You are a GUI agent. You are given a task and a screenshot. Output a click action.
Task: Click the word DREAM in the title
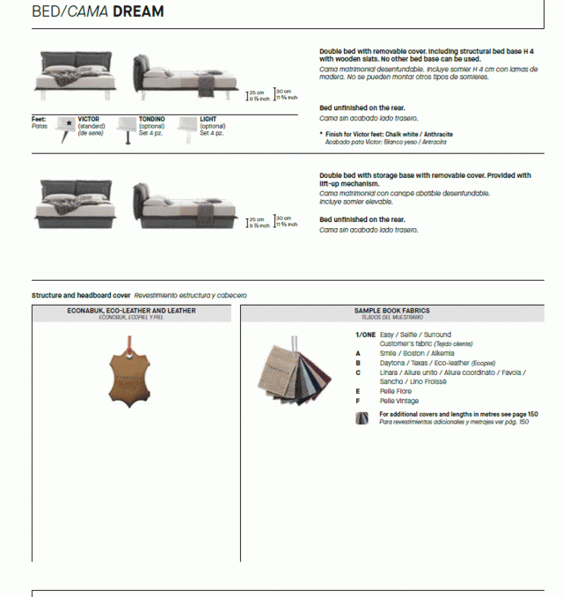tap(137, 11)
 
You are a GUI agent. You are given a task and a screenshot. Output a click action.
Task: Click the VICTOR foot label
tap(88, 118)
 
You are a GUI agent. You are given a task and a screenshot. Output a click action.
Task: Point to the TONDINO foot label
tap(151, 118)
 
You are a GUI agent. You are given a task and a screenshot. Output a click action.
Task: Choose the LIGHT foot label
tap(208, 118)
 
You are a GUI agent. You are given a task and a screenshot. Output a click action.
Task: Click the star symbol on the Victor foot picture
tap(69, 124)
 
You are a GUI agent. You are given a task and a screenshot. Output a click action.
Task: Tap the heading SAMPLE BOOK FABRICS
tap(391, 311)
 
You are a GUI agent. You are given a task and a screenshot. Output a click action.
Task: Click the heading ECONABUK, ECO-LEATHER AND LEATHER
tap(131, 311)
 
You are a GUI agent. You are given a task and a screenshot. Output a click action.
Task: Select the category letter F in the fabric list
tap(358, 401)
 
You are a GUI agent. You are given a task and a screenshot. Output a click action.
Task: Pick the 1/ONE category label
tap(365, 335)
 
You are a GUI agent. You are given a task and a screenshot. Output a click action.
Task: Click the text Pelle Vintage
tap(399, 401)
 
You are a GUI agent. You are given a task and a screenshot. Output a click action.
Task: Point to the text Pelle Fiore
tap(395, 391)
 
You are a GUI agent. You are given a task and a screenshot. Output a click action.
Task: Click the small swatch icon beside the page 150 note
tap(362, 417)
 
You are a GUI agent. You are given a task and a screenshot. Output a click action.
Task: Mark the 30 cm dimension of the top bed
tap(282, 92)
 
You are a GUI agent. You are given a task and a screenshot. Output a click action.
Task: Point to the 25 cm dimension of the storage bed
tap(256, 219)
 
